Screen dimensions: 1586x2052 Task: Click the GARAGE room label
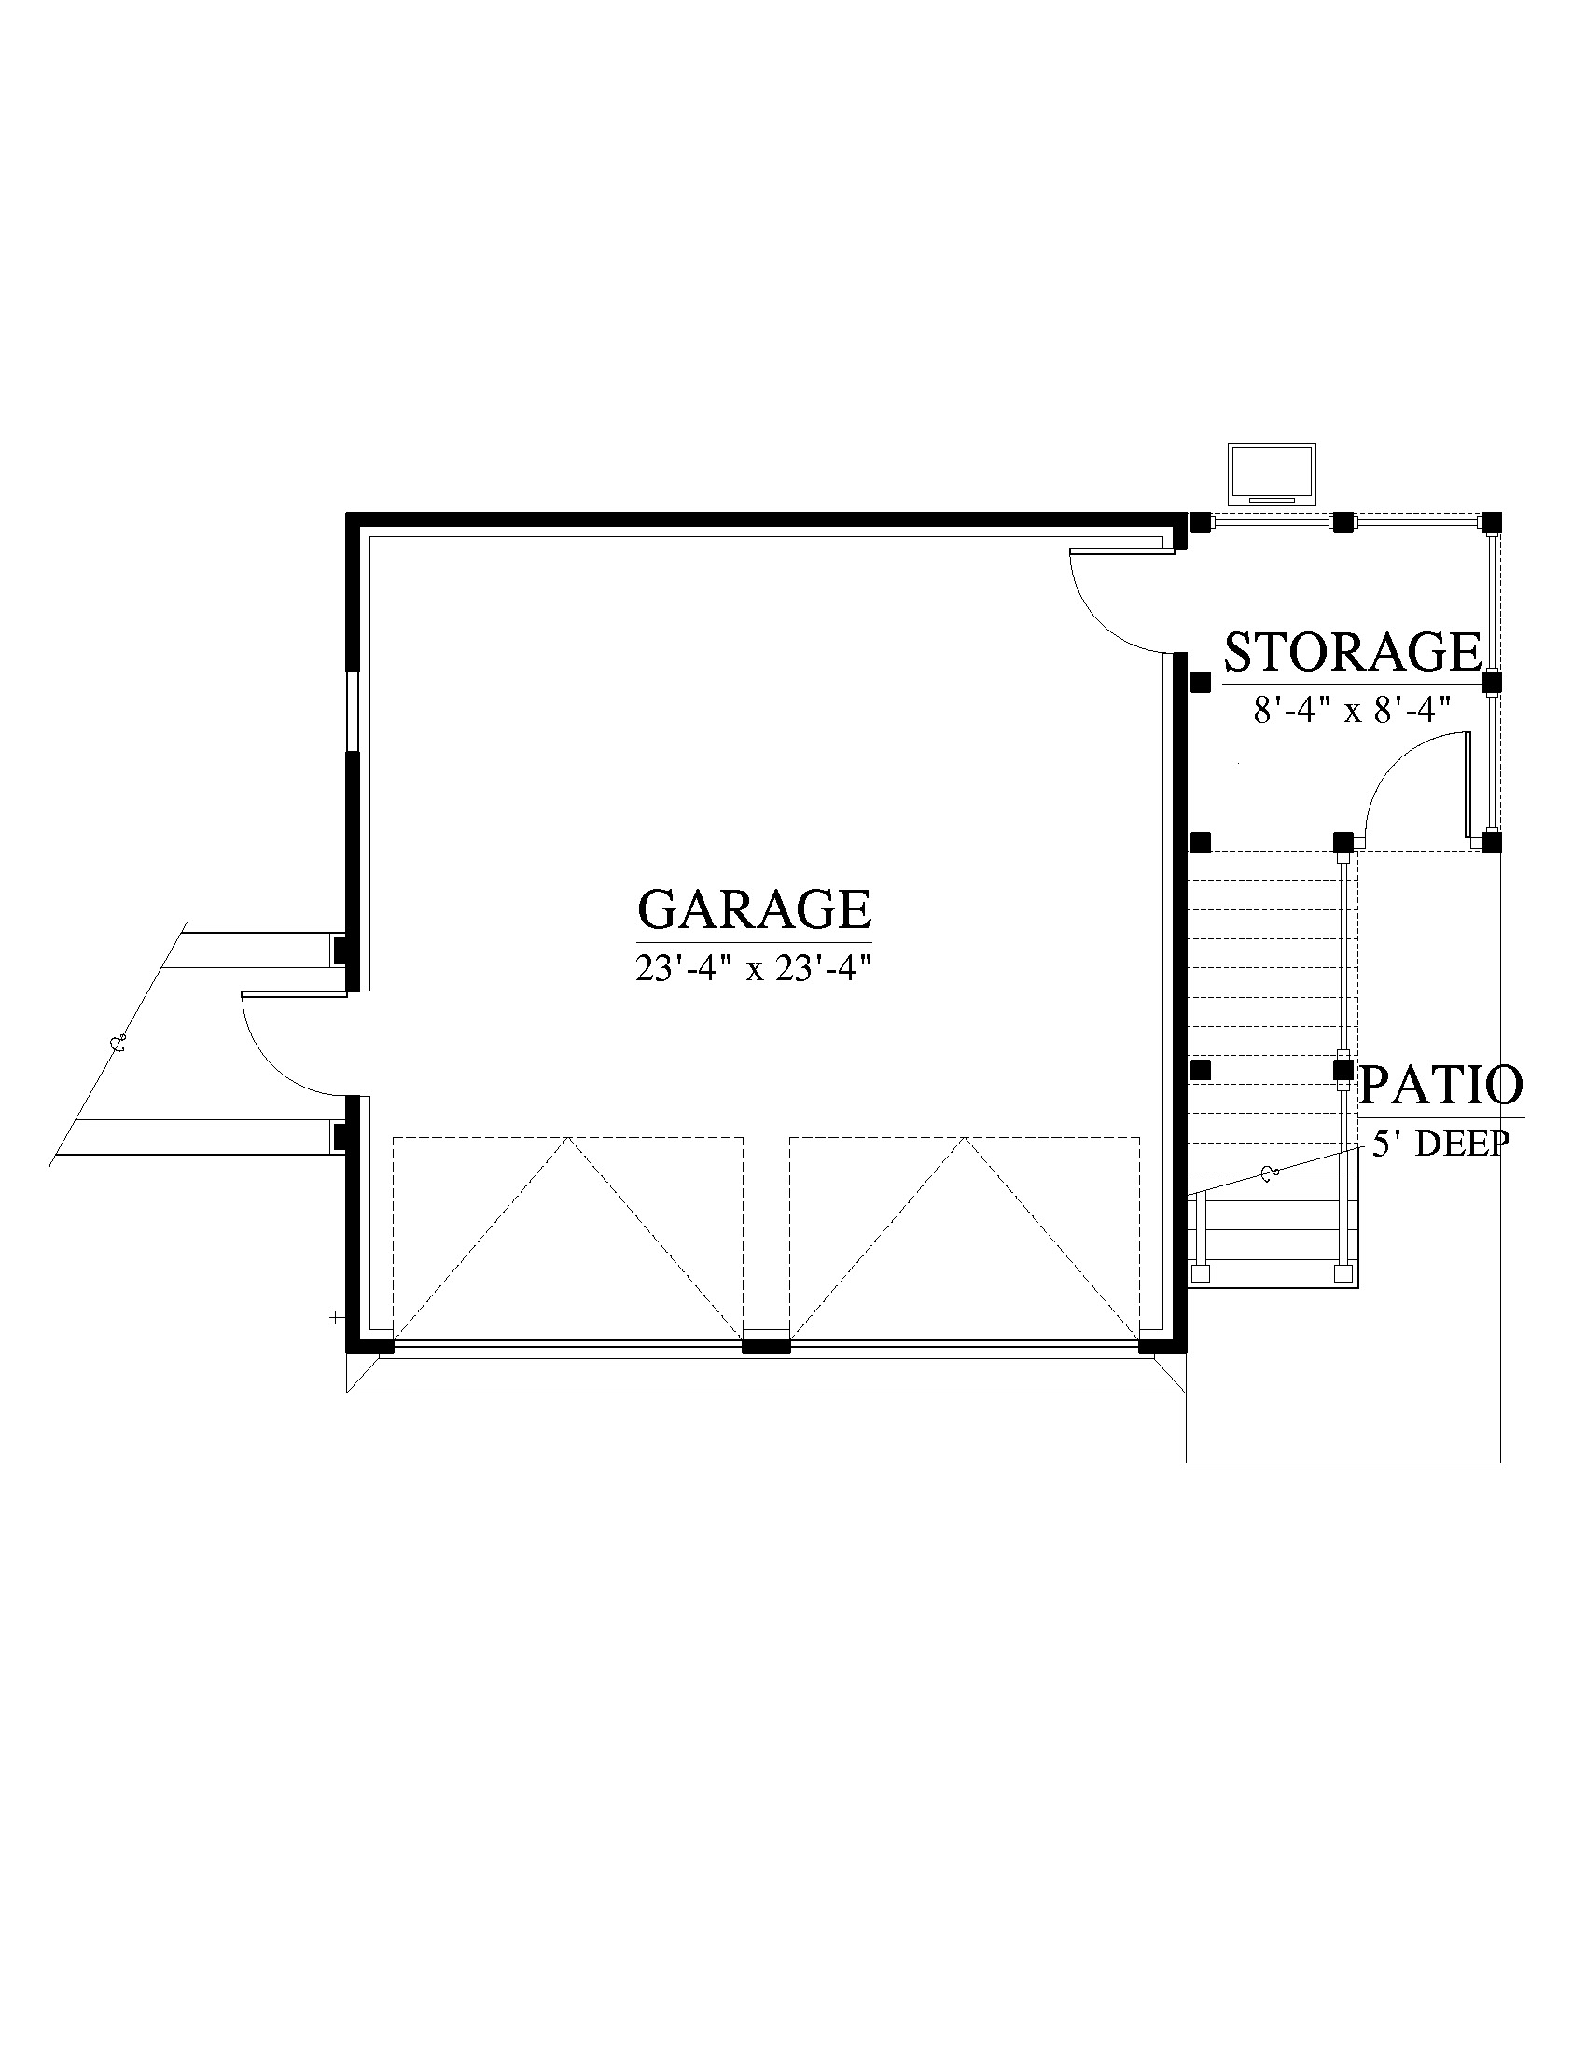point(755,908)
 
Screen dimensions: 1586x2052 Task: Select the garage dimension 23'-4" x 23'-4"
point(748,968)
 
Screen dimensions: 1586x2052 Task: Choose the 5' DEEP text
point(1441,1144)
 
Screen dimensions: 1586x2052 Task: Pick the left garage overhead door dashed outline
point(567,1240)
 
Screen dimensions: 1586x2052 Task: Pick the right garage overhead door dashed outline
point(965,1240)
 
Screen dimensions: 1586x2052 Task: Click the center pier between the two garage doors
point(767,1346)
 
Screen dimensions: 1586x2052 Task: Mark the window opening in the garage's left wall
point(353,711)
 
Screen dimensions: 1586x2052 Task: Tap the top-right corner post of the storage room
point(1491,522)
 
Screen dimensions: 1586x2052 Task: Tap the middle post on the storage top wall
point(1343,522)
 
